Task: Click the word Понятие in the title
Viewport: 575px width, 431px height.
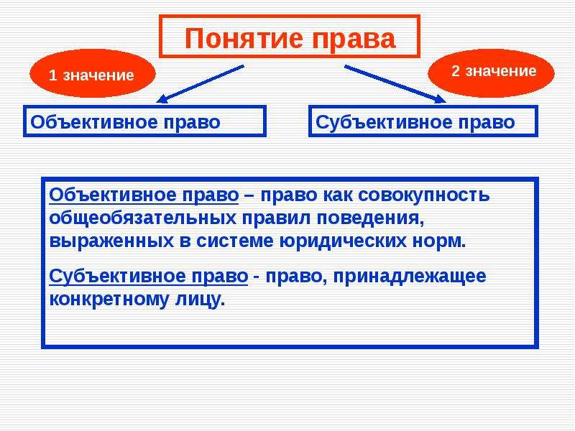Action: point(244,38)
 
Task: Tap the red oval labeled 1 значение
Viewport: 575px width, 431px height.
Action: point(93,73)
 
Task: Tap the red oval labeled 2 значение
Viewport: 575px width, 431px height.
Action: point(492,73)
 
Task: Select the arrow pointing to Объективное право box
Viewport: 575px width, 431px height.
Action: point(200,84)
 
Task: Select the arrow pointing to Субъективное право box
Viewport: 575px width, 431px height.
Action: point(395,84)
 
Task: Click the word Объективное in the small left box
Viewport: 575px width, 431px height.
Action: point(94,122)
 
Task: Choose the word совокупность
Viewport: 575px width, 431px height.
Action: point(424,195)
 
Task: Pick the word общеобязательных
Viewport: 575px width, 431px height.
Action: point(142,218)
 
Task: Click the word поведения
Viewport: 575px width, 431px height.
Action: point(370,219)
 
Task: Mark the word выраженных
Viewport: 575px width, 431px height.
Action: point(111,241)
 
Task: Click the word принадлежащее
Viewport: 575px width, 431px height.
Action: point(410,277)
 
